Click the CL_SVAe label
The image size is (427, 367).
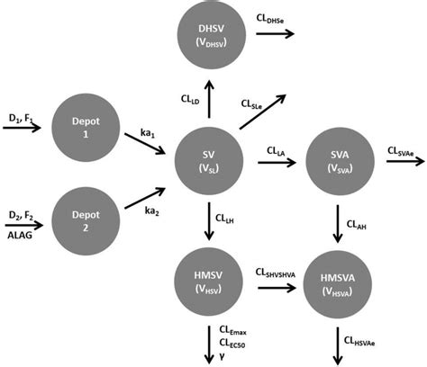tap(402, 152)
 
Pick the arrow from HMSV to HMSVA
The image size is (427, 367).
tap(277, 288)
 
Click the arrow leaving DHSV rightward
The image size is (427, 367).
tap(276, 34)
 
